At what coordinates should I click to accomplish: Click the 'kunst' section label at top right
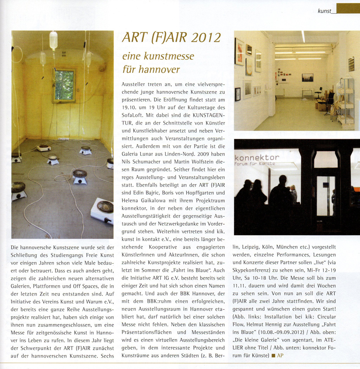click(x=324, y=11)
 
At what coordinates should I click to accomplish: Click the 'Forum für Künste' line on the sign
click(x=255, y=163)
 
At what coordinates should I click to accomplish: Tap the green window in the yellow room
click(x=64, y=85)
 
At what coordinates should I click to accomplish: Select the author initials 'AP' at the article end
click(x=280, y=355)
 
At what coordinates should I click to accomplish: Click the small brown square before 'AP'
click(x=273, y=356)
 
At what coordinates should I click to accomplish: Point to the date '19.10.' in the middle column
click(x=130, y=108)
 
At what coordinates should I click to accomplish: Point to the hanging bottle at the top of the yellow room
click(x=53, y=40)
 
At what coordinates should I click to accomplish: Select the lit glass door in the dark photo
click(x=326, y=195)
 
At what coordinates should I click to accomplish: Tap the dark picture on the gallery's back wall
click(x=307, y=77)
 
